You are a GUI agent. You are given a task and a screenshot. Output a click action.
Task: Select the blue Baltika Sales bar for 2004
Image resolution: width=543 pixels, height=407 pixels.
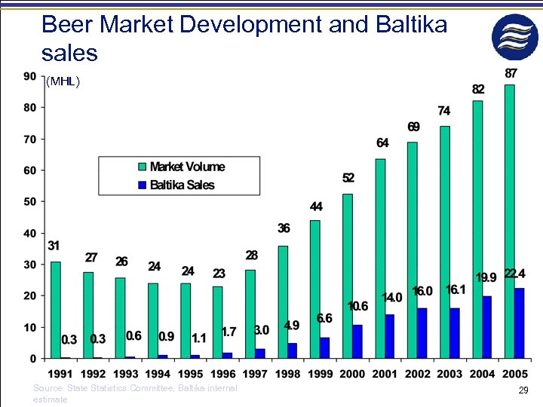[x=487, y=327]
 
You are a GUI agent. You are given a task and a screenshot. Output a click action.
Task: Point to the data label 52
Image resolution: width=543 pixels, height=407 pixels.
[x=348, y=178]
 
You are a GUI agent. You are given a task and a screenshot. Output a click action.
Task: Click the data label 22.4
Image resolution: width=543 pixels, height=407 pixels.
[x=515, y=273]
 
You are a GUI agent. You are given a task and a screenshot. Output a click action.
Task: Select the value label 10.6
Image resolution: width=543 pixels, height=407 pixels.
[x=357, y=306]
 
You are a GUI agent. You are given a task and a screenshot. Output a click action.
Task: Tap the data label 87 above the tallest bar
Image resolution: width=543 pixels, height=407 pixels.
[x=511, y=73]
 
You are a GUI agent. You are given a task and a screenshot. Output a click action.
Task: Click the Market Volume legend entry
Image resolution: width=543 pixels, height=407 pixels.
[x=186, y=167]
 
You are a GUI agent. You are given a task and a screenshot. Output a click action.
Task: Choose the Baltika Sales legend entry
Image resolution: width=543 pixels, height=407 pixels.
[x=181, y=185]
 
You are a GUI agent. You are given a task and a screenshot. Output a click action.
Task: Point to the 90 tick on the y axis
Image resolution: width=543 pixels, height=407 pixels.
[x=29, y=75]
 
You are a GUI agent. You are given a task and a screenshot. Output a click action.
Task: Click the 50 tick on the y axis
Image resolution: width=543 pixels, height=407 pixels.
[x=29, y=202]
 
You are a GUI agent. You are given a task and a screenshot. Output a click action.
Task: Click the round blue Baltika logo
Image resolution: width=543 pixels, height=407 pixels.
[x=515, y=37]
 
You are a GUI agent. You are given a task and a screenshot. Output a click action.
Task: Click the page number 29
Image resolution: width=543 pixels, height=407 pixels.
[x=523, y=390]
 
